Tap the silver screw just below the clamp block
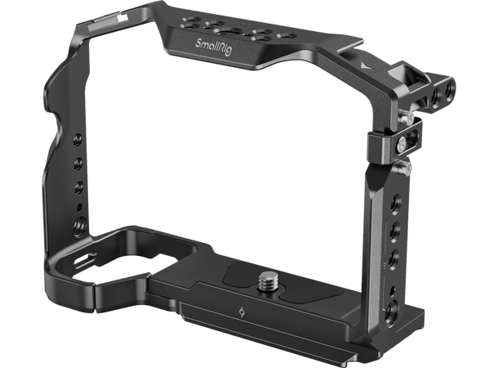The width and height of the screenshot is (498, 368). [x=403, y=169]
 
